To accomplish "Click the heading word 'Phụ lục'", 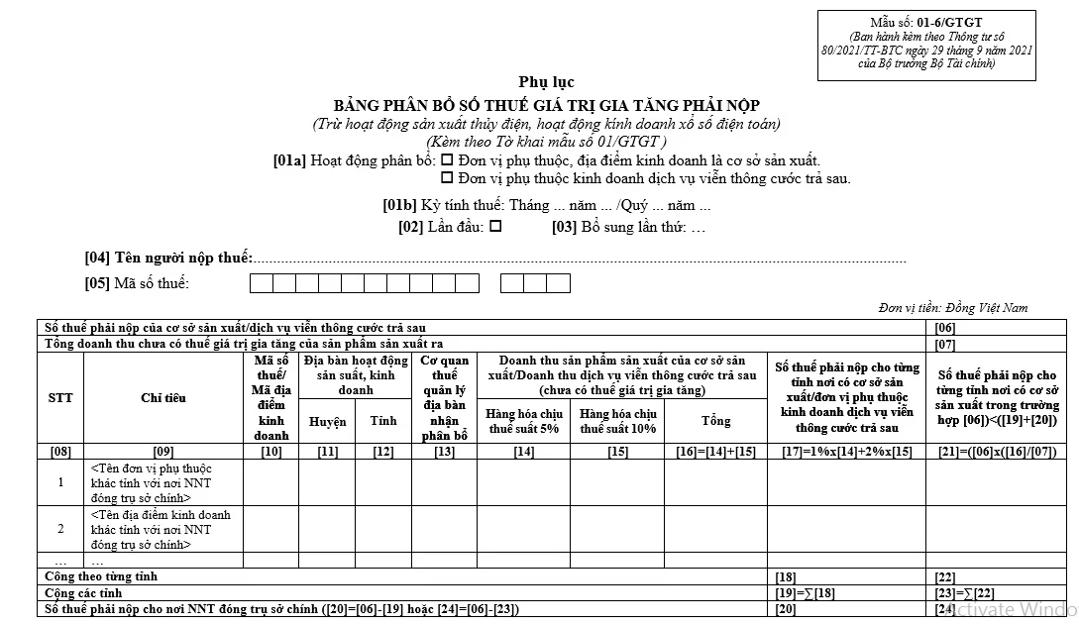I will point(546,82).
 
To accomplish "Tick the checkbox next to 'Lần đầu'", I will point(495,226).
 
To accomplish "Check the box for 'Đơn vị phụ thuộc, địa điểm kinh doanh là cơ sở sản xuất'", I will point(447,159).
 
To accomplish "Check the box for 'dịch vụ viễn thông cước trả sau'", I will point(447,178).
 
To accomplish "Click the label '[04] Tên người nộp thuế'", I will point(168,258).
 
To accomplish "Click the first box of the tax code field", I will point(261,283).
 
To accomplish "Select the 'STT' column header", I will point(60,398).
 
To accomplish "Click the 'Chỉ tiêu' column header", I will point(163,398).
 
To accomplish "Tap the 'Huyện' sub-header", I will point(327,421).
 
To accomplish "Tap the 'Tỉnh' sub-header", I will point(383,421).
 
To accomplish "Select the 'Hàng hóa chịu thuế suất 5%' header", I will point(523,421).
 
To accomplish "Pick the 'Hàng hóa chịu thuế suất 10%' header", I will point(617,421).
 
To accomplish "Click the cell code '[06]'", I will point(945,328).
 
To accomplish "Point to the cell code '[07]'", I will point(945,345).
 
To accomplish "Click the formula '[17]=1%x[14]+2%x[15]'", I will point(846,452).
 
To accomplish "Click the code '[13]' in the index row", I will point(444,452).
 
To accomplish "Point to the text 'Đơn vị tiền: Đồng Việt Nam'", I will point(953,308).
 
